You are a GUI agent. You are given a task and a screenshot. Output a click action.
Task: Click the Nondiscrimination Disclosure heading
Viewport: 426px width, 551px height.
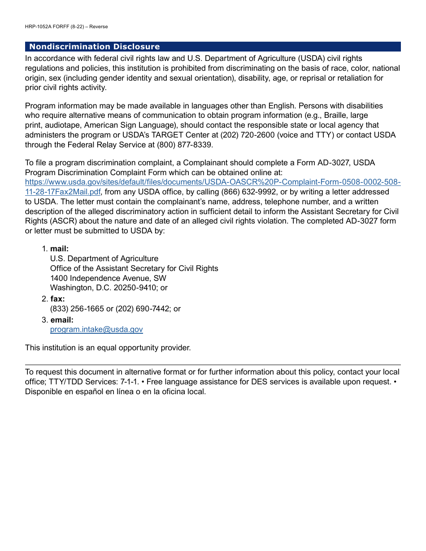pos(94,47)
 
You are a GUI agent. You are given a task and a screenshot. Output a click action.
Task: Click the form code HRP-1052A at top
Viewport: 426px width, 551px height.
pos(39,26)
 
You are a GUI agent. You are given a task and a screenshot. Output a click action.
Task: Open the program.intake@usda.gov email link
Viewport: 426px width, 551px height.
pos(96,329)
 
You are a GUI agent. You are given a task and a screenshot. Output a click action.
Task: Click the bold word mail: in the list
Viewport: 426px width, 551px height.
pos(59,249)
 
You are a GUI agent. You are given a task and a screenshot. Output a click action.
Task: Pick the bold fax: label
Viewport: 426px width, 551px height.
pos(57,299)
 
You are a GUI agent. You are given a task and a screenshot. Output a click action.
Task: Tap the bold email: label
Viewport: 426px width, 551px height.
pos(61,320)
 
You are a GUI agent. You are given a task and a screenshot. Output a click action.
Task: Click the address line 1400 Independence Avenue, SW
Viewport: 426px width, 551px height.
pos(108,278)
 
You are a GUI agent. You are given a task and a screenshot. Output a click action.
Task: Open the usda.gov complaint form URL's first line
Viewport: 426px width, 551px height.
pos(213,182)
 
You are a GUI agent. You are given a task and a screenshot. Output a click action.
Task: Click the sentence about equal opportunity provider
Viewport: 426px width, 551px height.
pos(108,348)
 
